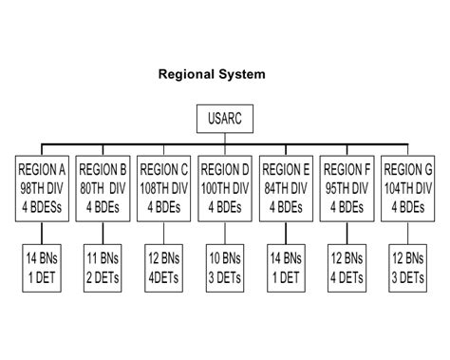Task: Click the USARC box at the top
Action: tap(225, 119)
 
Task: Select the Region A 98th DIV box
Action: tap(42, 188)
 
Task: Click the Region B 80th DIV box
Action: tap(103, 188)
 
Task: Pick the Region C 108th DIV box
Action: tap(164, 188)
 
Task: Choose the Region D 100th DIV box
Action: tap(225, 188)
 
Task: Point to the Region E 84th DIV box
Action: tap(286, 188)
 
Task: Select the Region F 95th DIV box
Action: tap(347, 188)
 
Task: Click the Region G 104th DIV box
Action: tap(408, 188)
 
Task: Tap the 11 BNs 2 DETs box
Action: tap(103, 268)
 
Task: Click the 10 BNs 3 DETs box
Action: tap(225, 268)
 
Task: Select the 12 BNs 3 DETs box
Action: tap(408, 268)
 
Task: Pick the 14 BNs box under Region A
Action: tap(42, 268)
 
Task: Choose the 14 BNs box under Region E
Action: tap(286, 268)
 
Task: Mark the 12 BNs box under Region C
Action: tap(164, 268)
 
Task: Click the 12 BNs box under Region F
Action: tap(347, 268)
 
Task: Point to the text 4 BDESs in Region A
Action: tap(42, 207)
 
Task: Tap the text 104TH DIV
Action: tap(408, 189)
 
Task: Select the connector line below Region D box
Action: tap(225, 233)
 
